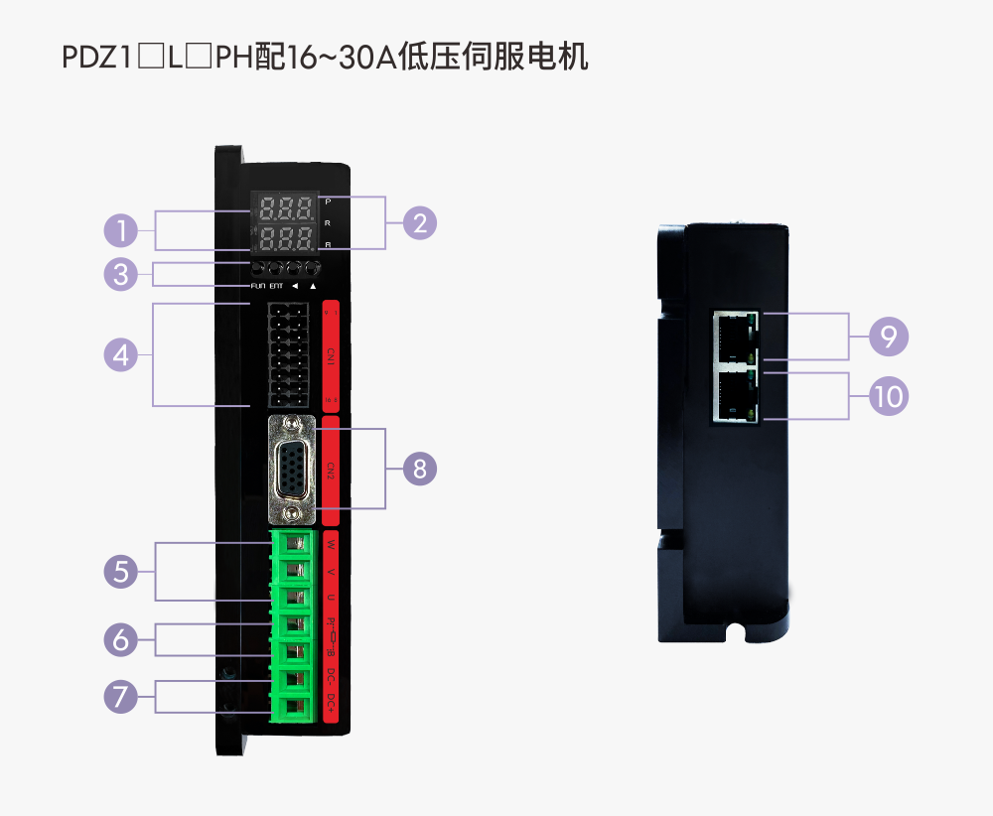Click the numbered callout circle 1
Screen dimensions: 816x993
pyautogui.click(x=121, y=232)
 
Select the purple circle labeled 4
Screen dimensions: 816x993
pyautogui.click(x=121, y=354)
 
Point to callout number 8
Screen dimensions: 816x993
pyautogui.click(x=420, y=469)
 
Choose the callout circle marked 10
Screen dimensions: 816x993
pyautogui.click(x=889, y=396)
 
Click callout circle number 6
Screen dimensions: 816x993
pyautogui.click(x=121, y=639)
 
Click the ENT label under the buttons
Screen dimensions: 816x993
pyautogui.click(x=276, y=286)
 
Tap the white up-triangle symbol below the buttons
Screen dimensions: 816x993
pyautogui.click(x=313, y=286)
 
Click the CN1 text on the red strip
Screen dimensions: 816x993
pyautogui.click(x=331, y=354)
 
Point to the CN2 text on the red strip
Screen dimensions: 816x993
pyautogui.click(x=331, y=469)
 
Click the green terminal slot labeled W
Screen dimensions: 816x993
pyautogui.click(x=294, y=543)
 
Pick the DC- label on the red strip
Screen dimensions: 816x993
pyautogui.click(x=331, y=678)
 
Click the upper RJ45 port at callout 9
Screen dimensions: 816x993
pyautogui.click(x=734, y=338)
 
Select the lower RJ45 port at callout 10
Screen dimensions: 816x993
pyautogui.click(x=734, y=396)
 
